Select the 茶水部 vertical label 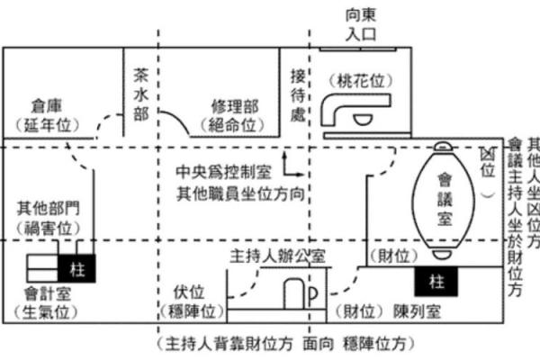tap(140, 94)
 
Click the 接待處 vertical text tap(298, 94)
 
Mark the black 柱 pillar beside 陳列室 tap(436, 282)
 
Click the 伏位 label tap(184, 293)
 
